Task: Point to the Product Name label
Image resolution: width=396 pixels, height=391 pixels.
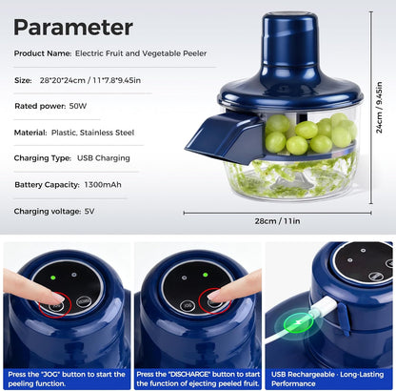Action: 42,53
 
